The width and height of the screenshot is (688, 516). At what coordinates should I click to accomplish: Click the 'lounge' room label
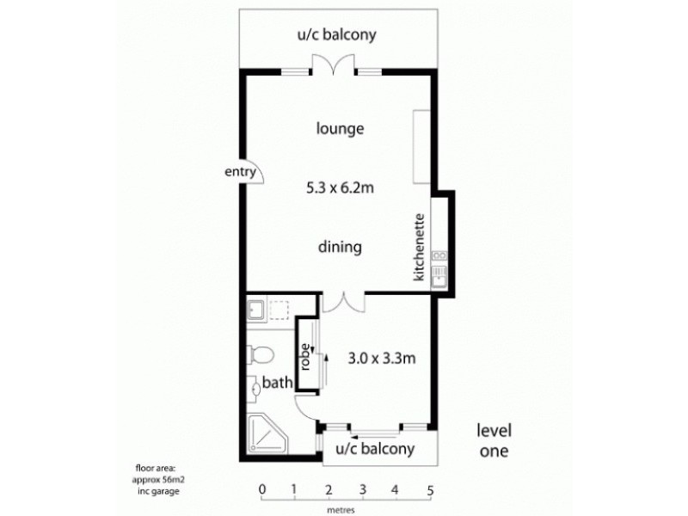341,130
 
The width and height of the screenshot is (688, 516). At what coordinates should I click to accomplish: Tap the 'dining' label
340,248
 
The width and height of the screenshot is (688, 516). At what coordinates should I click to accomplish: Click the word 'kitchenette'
419,246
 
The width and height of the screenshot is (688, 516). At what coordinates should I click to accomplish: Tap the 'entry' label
242,172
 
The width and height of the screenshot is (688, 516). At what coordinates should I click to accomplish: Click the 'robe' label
304,355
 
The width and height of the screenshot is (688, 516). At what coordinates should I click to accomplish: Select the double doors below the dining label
343,302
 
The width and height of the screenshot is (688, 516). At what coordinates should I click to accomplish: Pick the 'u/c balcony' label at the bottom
375,449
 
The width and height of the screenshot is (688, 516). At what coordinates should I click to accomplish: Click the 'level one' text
494,440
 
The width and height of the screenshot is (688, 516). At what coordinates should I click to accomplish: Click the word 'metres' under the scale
341,508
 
